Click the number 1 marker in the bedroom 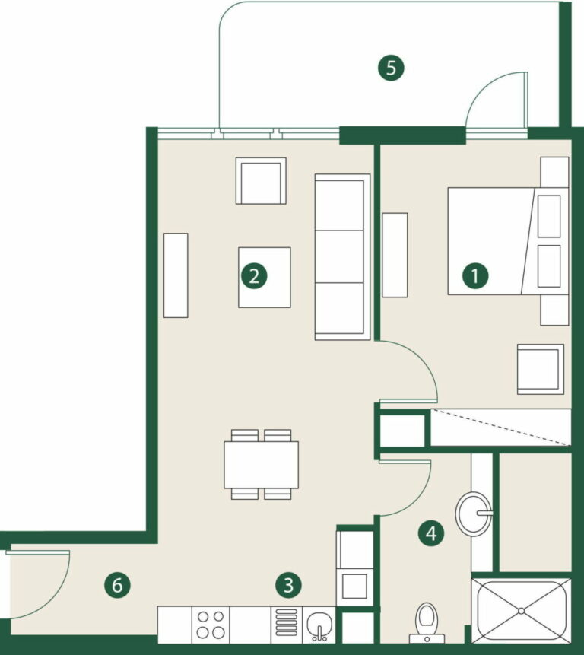point(475,275)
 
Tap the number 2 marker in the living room point(254,275)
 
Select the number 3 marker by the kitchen point(288,585)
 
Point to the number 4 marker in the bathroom point(431,533)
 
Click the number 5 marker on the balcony point(391,68)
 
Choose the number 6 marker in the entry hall point(117,585)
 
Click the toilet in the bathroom point(427,622)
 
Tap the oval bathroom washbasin point(474,513)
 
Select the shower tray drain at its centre point(521,611)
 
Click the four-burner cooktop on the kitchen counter point(211,625)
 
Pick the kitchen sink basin point(319,625)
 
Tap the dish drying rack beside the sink point(287,625)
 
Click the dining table point(262,465)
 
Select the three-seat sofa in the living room point(342,257)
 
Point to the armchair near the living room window point(261,181)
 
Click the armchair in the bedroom point(541,369)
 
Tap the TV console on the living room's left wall point(176,275)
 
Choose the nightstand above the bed point(554,172)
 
